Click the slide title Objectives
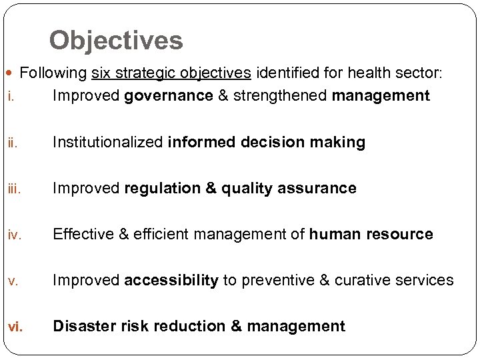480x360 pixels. (x=115, y=41)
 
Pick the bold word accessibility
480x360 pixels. (x=171, y=280)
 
